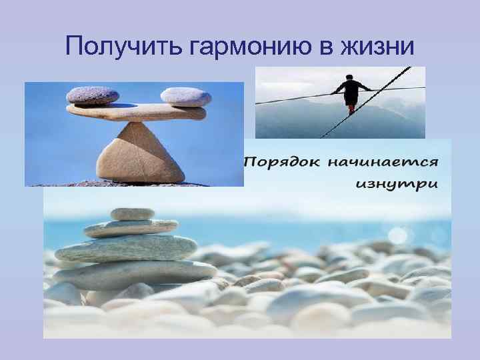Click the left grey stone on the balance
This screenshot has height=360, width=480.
(x=92, y=95)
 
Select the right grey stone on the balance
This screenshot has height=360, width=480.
(x=185, y=97)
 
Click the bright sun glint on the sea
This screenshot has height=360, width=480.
(x=398, y=235)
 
